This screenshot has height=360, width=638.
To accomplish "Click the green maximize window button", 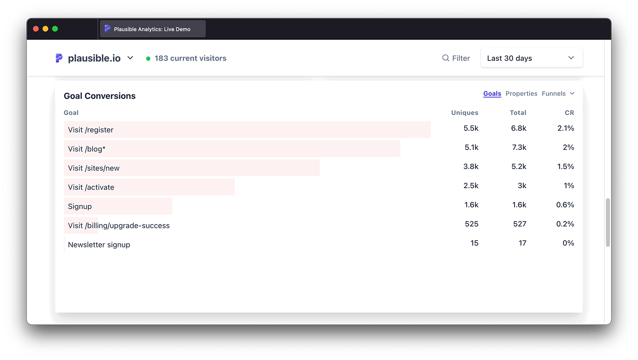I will tap(55, 29).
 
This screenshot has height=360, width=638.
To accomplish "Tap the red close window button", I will tap(36, 29).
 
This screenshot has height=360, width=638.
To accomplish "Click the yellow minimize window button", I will tap(45, 29).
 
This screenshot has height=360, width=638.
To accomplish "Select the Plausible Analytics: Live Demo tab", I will tap(152, 29).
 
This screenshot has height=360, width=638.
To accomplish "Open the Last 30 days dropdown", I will tap(531, 58).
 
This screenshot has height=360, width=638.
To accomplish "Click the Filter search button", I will tap(456, 58).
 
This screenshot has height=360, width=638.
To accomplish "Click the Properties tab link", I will tap(521, 94).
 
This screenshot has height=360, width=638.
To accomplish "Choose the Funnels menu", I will tap(558, 94).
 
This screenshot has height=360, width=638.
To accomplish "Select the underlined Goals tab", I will tap(492, 94).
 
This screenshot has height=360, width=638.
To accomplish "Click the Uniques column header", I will tap(465, 113).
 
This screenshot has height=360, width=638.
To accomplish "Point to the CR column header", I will tap(569, 113).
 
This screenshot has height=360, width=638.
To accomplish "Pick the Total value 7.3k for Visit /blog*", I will tap(519, 148).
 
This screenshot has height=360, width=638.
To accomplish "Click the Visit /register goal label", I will tap(91, 130).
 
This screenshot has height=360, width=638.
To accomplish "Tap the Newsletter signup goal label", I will tap(99, 245).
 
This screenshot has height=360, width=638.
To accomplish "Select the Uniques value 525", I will tap(471, 224).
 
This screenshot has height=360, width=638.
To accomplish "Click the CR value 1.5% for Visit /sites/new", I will tap(565, 167).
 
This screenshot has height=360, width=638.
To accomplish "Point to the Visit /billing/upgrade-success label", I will tap(119, 226).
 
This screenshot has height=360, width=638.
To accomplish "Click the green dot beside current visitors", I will tap(148, 59).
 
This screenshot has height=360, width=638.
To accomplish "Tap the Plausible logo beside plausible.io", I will tap(59, 58).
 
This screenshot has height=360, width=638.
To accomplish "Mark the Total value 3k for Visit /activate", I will tap(522, 186).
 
